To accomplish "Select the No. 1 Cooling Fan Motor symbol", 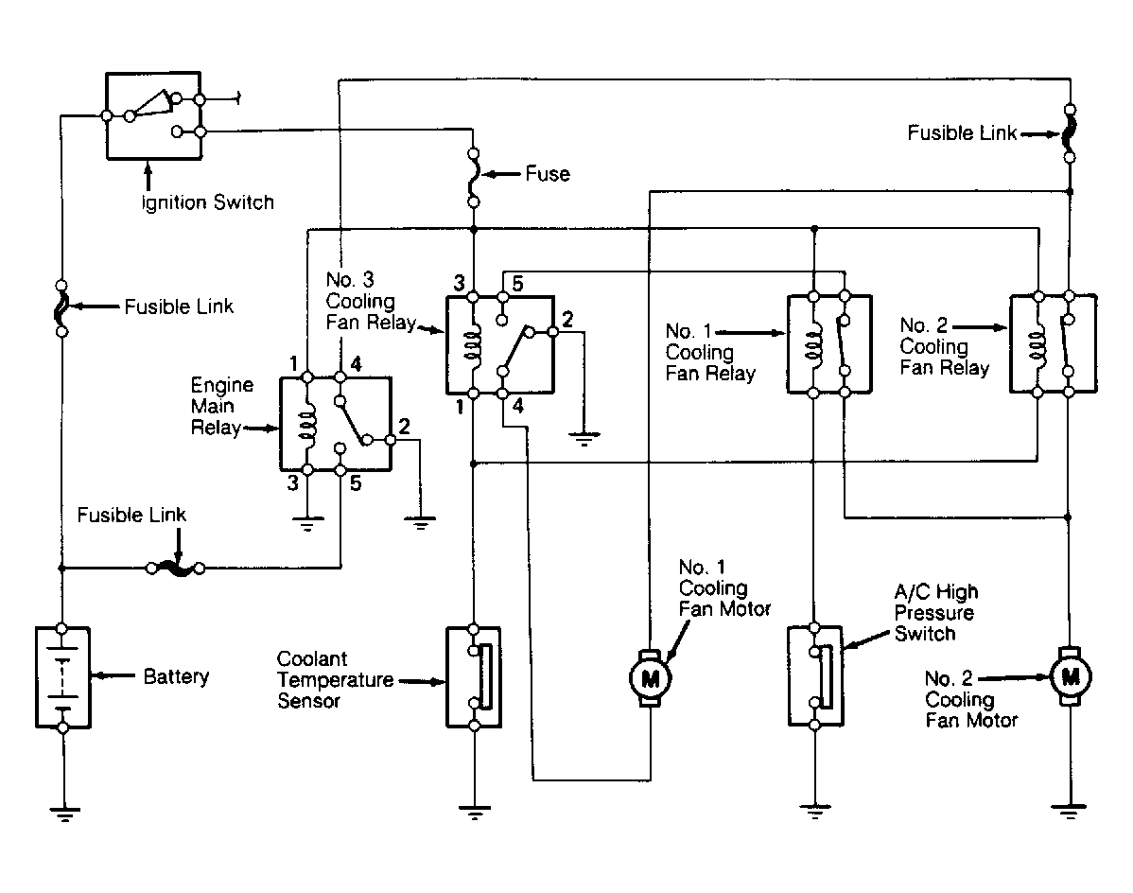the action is pos(651,678).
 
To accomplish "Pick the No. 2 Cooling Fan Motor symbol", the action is pos(1071,676).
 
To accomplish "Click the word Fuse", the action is pos(548,174).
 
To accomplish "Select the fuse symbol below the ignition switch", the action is pos(474,178).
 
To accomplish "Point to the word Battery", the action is pos(176,677).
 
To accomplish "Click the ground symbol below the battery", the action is pos(64,814).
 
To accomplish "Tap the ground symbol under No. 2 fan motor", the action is pos(1070,812).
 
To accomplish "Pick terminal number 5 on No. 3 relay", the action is pos(517,283).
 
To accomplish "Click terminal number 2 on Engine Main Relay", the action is pos(404,427).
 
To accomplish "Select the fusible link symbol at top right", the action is pos(1071,133).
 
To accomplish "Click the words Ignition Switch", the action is pos(208,202).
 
